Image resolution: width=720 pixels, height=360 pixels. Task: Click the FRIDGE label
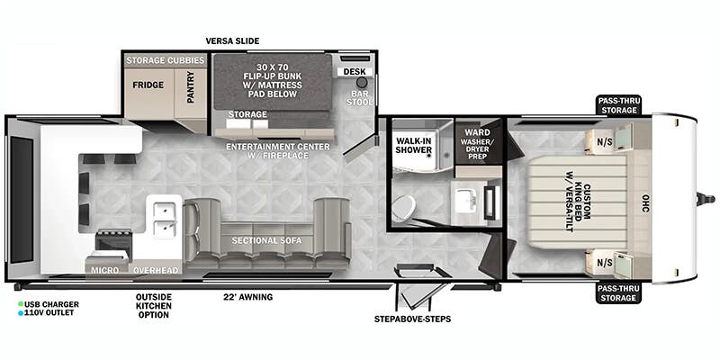pyautogui.click(x=148, y=86)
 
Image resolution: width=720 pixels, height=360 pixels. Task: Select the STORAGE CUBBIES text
pyautogui.click(x=166, y=60)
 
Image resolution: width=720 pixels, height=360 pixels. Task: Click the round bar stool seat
pyautogui.click(x=361, y=83)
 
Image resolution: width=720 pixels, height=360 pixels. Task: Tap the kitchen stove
pyautogui.click(x=115, y=243)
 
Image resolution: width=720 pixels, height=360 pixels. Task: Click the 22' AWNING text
pyautogui.click(x=248, y=297)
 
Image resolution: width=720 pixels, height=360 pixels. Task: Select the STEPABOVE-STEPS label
pyautogui.click(x=413, y=319)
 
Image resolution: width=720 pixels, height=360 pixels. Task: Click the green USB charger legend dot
pyautogui.click(x=21, y=302)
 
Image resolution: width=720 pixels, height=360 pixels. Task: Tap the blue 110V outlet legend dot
pyautogui.click(x=21, y=312)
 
